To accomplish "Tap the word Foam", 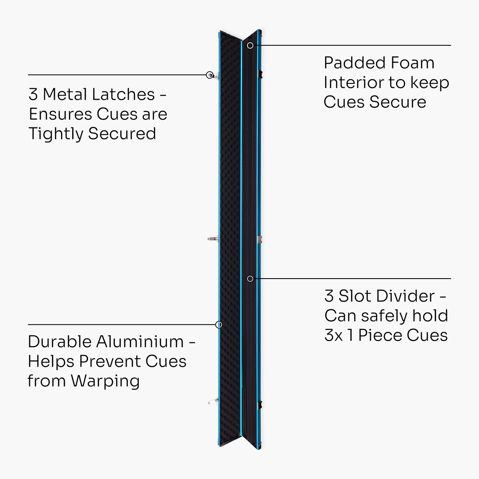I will coord(412,63).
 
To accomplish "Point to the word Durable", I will coord(59,342).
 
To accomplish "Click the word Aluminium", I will coord(140,342).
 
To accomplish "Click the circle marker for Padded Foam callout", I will coord(250,45).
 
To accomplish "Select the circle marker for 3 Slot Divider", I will coord(250,279).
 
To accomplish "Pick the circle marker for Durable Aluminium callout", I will coord(219,325).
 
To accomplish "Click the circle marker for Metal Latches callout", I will coord(210,75).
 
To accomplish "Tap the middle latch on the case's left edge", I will coord(213,239).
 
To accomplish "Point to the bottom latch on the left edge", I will coord(213,401).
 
